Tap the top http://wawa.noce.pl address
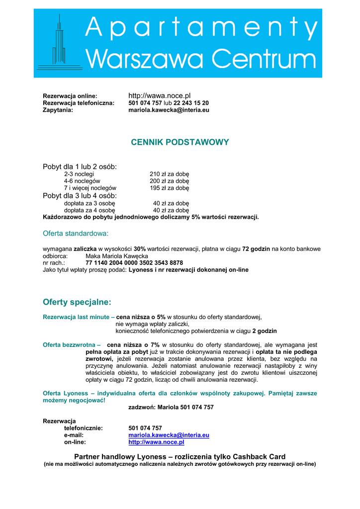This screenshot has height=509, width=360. point(160,95)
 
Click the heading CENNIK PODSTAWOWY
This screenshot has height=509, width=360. point(180,142)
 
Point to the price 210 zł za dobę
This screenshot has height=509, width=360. point(170,174)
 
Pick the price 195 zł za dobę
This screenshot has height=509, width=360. point(170,188)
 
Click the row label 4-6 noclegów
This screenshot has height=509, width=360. point(82,181)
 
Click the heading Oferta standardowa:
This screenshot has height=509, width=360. point(76,233)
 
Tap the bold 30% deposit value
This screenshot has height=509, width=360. point(140,249)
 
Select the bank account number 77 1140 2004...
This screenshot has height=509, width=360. point(134,262)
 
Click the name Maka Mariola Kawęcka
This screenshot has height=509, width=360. point(117,256)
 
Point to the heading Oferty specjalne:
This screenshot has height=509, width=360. point(77,302)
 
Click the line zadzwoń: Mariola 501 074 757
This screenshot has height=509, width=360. point(171,407)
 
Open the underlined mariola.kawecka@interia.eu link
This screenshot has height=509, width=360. point(169,435)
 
